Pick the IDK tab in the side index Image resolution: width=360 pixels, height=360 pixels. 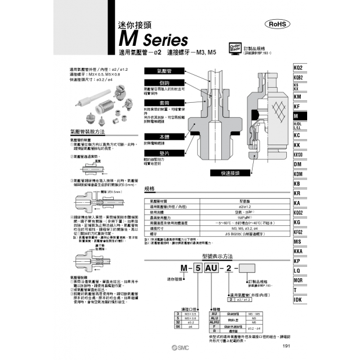click(298, 300)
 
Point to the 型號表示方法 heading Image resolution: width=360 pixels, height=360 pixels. click(217, 255)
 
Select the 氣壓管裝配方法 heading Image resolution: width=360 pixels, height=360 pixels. click(86, 132)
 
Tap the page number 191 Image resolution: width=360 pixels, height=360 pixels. click(285, 347)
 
